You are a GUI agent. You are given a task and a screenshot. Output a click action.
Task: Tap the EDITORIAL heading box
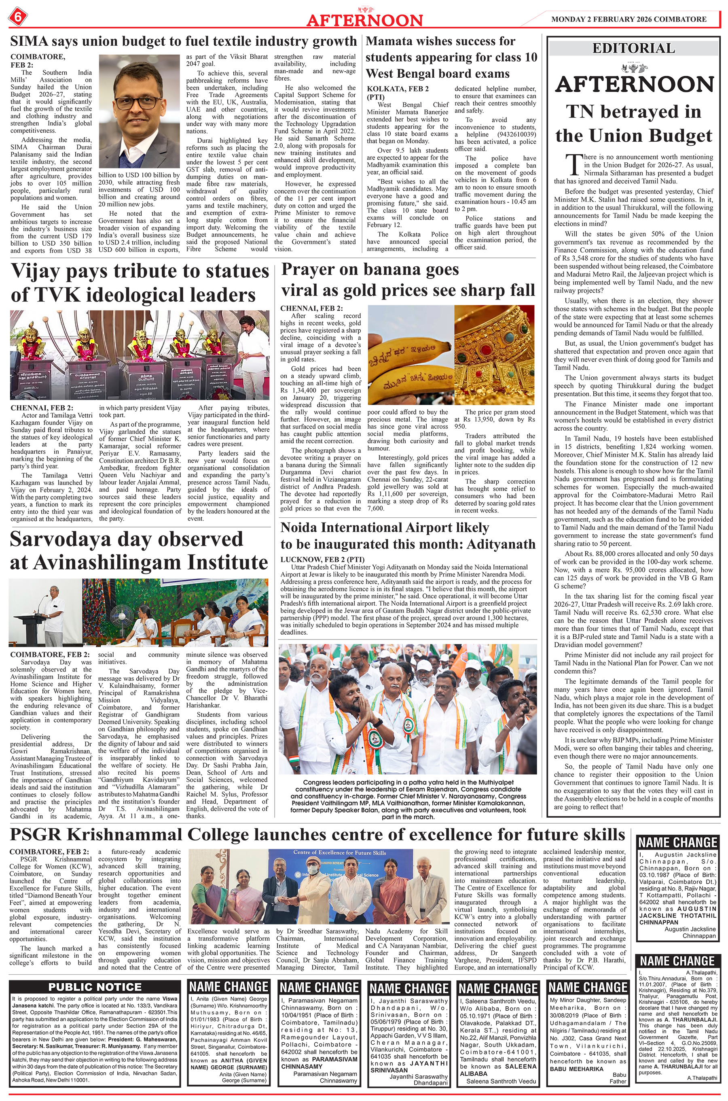click(633, 48)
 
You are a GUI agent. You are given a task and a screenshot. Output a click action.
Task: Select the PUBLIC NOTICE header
click(95, 987)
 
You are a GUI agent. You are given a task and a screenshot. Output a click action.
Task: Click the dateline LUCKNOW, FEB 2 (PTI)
click(322, 559)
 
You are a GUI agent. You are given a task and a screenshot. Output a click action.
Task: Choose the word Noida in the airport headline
click(302, 528)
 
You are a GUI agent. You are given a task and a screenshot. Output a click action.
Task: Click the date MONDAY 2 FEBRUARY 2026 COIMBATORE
click(629, 19)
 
